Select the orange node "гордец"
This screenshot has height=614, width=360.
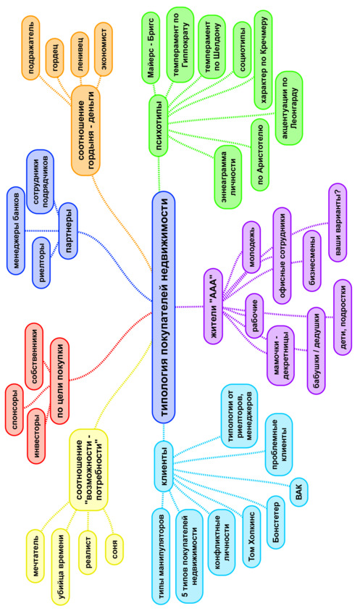54,58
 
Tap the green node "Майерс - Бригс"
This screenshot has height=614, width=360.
153,47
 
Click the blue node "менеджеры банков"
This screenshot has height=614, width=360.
16,231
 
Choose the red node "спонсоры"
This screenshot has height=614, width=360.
14,410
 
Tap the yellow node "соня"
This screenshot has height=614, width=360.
114,548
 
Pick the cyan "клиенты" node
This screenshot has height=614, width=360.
164,466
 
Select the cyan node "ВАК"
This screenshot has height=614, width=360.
299,489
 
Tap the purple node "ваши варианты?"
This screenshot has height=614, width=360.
338,223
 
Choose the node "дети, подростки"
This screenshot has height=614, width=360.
343,318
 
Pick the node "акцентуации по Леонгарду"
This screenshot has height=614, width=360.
290,108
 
